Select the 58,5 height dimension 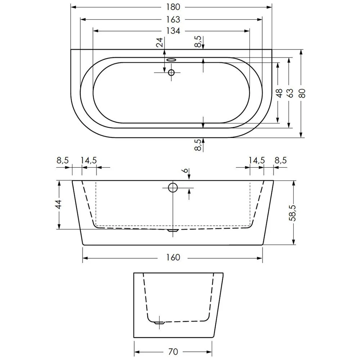pyautogui.click(x=294, y=212)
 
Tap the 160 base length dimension pyautogui.click(x=173, y=258)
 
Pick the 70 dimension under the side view pyautogui.click(x=173, y=351)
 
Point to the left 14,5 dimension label pyautogui.click(x=89, y=161)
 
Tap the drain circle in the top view pyautogui.click(x=171, y=72)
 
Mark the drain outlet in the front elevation pyautogui.click(x=174, y=229)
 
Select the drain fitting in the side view pyautogui.click(x=159, y=322)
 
